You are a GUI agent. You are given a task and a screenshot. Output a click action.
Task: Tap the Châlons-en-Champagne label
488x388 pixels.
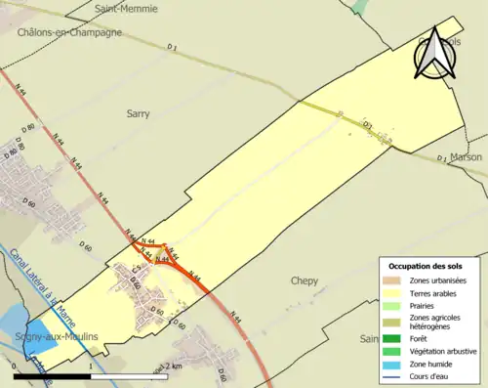pos(69,32)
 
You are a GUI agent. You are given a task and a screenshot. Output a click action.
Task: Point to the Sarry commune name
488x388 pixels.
pos(139,114)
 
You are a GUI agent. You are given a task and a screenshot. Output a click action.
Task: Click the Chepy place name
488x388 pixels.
pos(305,280)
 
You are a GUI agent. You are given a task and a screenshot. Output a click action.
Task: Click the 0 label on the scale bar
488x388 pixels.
pos(16,367)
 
